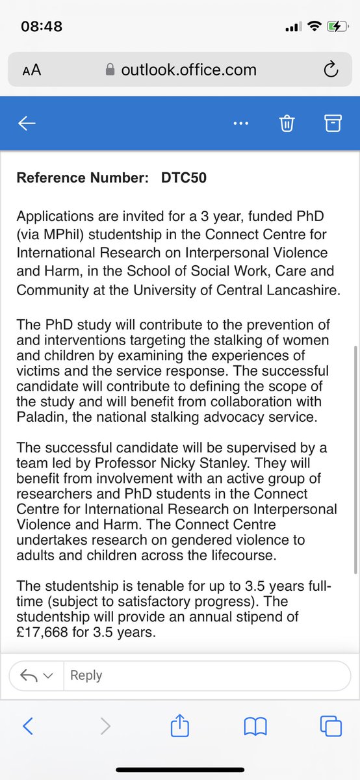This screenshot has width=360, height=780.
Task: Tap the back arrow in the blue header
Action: (x=27, y=124)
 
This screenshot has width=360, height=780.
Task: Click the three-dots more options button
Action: (x=240, y=124)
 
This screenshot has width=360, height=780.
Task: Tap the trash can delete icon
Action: (x=287, y=124)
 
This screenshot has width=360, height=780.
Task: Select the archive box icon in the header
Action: (x=333, y=123)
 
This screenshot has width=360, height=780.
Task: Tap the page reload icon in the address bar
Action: (x=330, y=70)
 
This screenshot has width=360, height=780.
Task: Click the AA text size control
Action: (x=31, y=70)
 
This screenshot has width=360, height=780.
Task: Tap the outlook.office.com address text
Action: (x=188, y=70)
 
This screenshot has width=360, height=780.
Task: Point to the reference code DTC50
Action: (x=184, y=177)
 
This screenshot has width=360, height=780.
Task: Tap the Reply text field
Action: (x=195, y=675)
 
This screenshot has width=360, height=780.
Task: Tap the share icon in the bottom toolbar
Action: (x=179, y=726)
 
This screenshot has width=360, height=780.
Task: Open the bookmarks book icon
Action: (x=255, y=727)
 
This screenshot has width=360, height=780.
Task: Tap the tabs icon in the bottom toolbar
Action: (x=331, y=726)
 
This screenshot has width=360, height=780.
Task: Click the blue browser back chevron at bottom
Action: (x=28, y=726)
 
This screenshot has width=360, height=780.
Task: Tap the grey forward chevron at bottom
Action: (x=105, y=726)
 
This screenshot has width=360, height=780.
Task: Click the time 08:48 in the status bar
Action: (x=42, y=27)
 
